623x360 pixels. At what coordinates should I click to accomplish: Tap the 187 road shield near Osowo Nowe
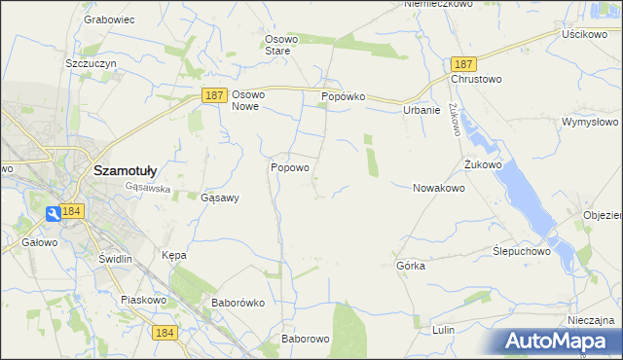(216, 95)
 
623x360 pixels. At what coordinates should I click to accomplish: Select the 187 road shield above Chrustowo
(462, 62)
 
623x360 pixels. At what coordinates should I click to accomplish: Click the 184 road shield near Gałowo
(71, 211)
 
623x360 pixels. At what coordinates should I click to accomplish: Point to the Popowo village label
(289, 167)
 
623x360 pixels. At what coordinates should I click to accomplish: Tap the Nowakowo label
(438, 188)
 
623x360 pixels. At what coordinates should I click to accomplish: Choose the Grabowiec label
(108, 18)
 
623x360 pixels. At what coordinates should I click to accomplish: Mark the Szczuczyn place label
(91, 62)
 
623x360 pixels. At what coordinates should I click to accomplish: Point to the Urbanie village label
(421, 110)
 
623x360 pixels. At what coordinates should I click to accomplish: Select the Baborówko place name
(238, 303)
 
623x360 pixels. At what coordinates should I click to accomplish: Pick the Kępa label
(173, 255)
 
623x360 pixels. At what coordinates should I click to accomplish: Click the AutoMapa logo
(560, 342)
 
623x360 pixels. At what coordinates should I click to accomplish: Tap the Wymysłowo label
(590, 123)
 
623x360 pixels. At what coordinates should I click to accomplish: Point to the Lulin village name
(443, 330)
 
